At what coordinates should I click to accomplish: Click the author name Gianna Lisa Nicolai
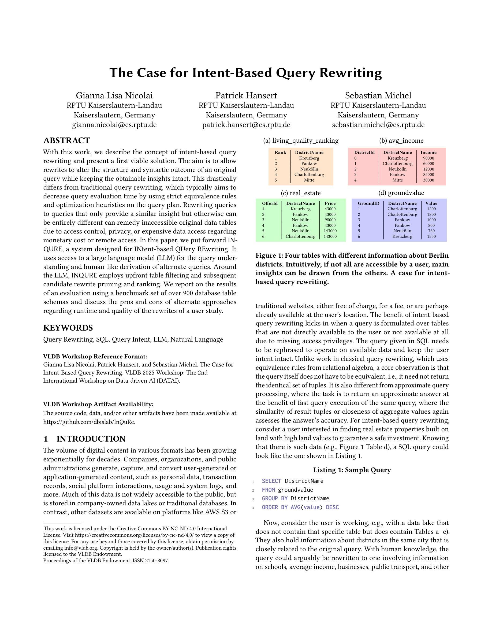tap(114, 95)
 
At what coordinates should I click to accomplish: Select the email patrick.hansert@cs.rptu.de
tap(246, 125)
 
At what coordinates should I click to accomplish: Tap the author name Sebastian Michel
tap(378, 95)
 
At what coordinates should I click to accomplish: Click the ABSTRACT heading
tap(66, 140)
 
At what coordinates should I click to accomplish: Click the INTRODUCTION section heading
tap(91, 439)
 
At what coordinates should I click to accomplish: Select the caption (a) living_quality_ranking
tap(301, 140)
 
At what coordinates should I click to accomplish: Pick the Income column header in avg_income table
tap(428, 153)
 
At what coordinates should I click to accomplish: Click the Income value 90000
tap(428, 158)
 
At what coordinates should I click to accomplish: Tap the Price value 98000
tap(330, 220)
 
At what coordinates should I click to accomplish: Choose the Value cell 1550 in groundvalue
tap(431, 236)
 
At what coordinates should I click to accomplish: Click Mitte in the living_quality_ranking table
tap(309, 180)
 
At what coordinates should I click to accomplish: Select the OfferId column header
tap(270, 203)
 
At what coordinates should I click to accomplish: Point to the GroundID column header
tap(368, 203)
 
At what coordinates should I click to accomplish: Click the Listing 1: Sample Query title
tap(352, 470)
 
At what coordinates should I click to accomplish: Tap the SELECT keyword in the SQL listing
tap(271, 481)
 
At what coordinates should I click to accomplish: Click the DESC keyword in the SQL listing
tap(332, 507)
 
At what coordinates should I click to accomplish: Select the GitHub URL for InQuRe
tap(89, 422)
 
